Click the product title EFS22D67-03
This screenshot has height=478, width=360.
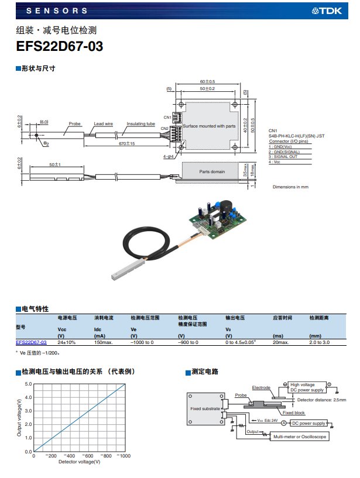(x=60, y=47)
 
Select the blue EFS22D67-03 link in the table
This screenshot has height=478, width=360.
(x=31, y=342)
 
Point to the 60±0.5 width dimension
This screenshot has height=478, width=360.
(x=207, y=81)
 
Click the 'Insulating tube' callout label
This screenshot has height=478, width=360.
(x=140, y=124)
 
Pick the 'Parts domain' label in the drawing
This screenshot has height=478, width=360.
(x=211, y=171)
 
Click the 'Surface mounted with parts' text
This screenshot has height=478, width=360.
(x=209, y=126)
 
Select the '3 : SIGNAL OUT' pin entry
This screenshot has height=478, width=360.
(x=283, y=156)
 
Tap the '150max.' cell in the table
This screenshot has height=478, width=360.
(x=104, y=342)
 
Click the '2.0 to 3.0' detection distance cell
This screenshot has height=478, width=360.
(x=320, y=342)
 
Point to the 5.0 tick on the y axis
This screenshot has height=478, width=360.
(x=28, y=384)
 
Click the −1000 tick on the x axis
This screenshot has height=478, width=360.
(x=123, y=456)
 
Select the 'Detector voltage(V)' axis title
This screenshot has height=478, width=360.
(x=80, y=462)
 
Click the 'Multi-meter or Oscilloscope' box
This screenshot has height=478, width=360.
(x=299, y=436)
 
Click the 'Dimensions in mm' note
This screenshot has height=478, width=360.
(x=290, y=187)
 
